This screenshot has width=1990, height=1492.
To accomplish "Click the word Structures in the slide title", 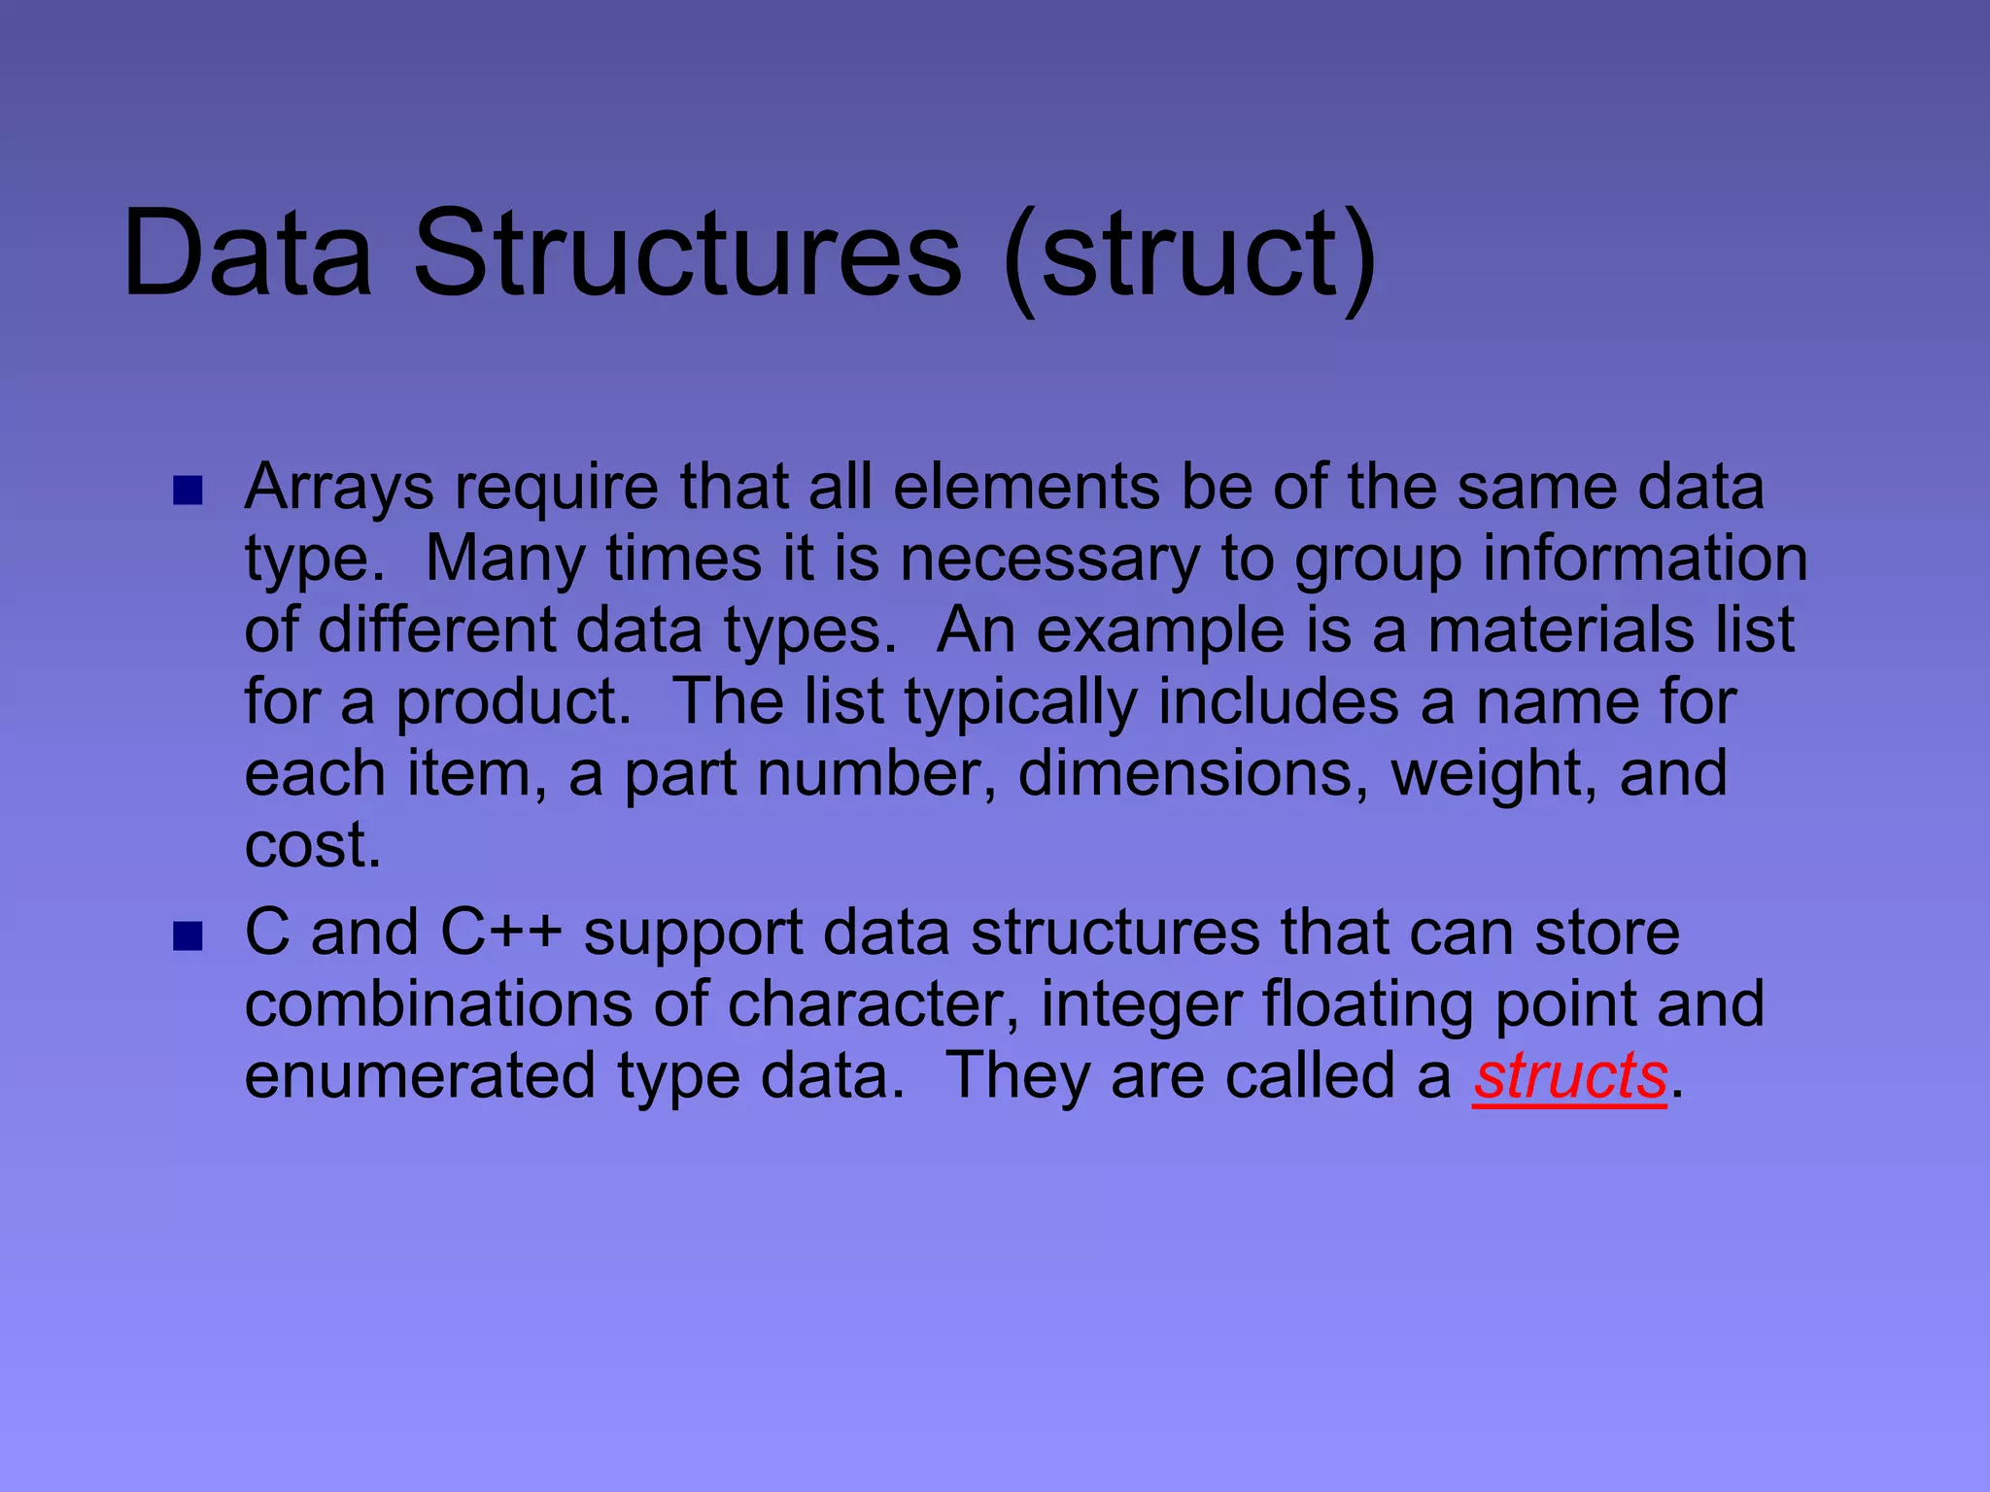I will tap(687, 254).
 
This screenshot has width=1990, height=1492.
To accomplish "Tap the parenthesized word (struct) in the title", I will tap(1191, 256).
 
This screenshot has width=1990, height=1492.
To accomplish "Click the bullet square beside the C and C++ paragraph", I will tap(187, 936).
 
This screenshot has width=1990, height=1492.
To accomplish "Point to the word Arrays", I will tap(339, 489).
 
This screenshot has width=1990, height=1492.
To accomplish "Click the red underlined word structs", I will tap(1569, 1077).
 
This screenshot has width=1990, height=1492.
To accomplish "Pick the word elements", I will tap(1025, 487).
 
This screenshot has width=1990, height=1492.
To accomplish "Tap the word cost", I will tap(311, 845).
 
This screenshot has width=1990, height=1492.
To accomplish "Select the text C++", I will tap(500, 932).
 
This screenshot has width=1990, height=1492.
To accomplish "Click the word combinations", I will tap(438, 1004).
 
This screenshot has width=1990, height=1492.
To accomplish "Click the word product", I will tap(513, 703).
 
